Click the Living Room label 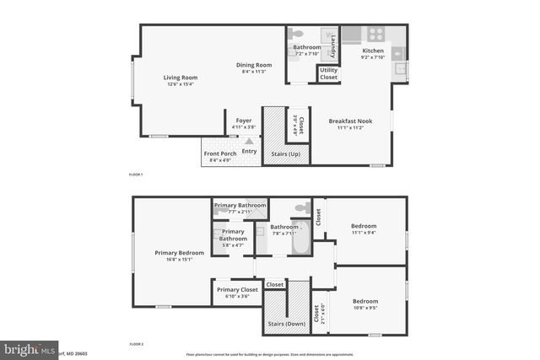(180, 78)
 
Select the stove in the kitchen (375, 35)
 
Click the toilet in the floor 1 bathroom (297, 34)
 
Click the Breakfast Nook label (350, 121)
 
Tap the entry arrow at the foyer (250, 141)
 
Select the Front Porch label (219, 153)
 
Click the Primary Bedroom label (179, 253)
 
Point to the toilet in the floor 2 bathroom (301, 207)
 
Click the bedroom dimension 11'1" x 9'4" (364, 234)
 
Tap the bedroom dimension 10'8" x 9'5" (364, 309)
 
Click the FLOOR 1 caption (136, 174)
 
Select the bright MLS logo (30, 349)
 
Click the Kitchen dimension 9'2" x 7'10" (373, 57)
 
